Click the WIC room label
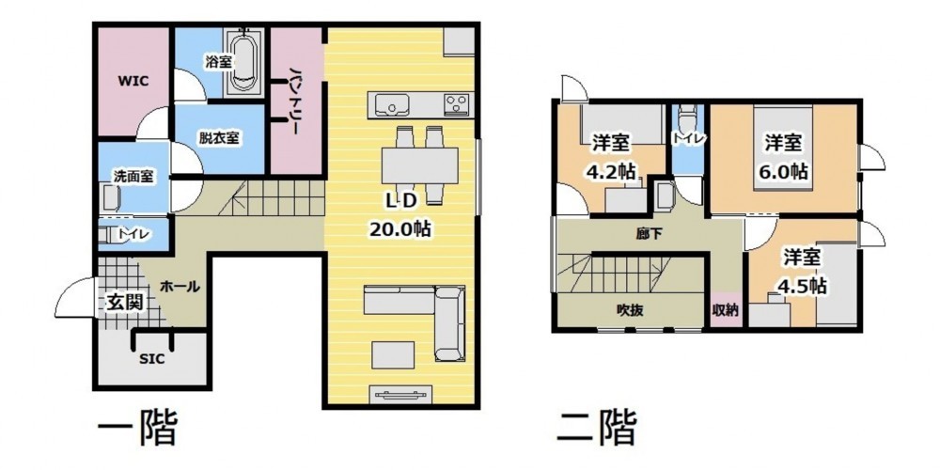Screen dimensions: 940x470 click(x=133, y=80)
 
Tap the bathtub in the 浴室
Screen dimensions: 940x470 click(x=243, y=62)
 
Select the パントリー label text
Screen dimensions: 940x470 click(x=296, y=100)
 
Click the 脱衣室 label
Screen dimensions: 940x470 click(x=219, y=137)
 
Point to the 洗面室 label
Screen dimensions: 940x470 click(x=133, y=177)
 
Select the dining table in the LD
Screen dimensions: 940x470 click(x=419, y=165)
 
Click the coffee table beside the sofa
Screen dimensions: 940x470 click(x=393, y=355)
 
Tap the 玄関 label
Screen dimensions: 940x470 click(x=125, y=303)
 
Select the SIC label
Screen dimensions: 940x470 click(x=151, y=360)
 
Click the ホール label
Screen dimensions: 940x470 click(x=180, y=287)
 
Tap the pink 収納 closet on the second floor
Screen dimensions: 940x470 click(x=726, y=310)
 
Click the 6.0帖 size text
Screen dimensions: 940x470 click(x=785, y=171)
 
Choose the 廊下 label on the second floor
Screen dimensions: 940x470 click(x=650, y=234)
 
